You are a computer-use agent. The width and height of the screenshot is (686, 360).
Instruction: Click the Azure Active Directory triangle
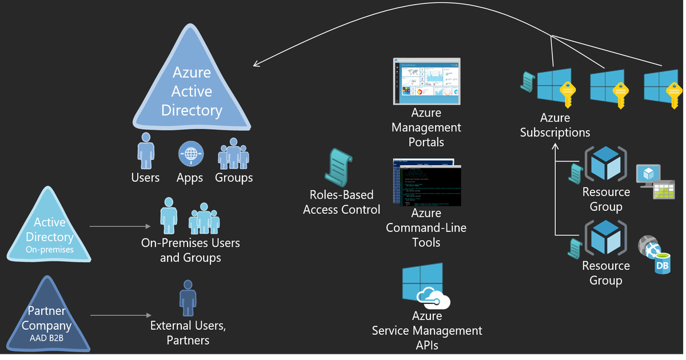[192, 86]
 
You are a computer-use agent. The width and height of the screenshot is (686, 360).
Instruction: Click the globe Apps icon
[190, 154]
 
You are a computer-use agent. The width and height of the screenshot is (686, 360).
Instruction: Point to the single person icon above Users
[146, 151]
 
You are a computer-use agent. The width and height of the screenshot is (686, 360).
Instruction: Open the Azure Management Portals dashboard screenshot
[426, 81]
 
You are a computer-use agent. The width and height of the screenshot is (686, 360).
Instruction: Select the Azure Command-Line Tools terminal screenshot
[426, 182]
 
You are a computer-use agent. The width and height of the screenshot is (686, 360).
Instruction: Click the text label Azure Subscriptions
[555, 125]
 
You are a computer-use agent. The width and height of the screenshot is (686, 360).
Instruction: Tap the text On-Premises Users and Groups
[190, 250]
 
